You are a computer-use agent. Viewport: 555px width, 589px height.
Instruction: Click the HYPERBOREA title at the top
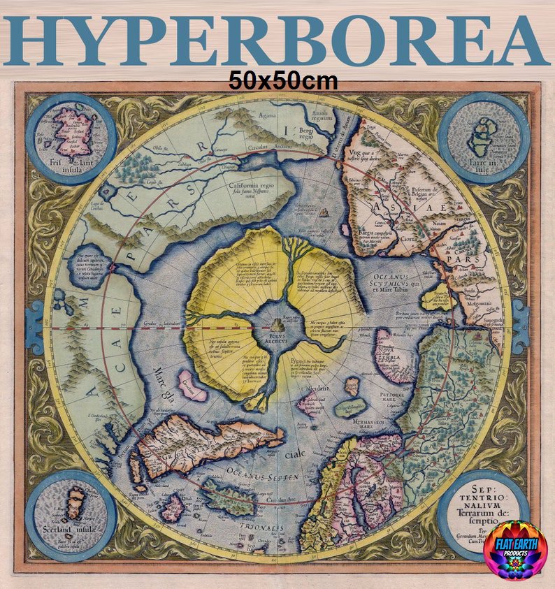coord(277,40)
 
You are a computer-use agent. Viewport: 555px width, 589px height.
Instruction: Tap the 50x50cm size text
coord(283,81)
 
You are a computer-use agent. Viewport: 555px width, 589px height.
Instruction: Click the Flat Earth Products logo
coord(515,550)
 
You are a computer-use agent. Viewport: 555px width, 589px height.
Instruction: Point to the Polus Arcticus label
coord(278,340)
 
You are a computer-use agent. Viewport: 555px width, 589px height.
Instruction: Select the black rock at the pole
coord(278,325)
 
